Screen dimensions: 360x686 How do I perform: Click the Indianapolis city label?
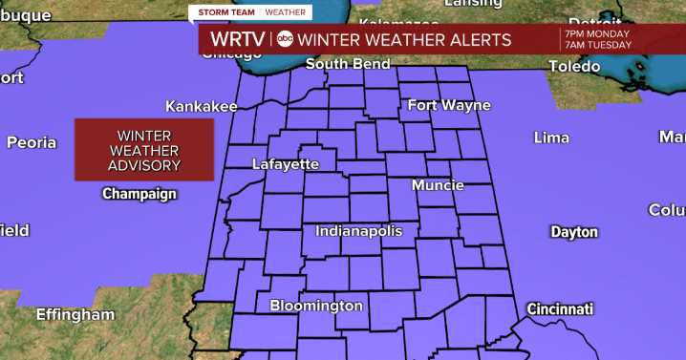coord(359,231)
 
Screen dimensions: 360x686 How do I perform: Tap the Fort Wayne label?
coord(449,105)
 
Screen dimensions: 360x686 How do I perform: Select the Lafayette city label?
coord(286,164)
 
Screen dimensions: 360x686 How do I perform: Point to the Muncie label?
coord(439,185)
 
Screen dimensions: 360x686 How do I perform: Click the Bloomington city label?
coord(316,306)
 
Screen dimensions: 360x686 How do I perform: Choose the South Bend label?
coord(348,64)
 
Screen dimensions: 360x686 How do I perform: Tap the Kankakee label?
coord(201,106)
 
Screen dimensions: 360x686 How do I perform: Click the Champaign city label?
coord(139,194)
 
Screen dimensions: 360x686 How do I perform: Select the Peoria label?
coord(32,142)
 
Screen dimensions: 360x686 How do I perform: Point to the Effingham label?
coord(75,314)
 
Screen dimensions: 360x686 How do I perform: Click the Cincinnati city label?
coord(560,308)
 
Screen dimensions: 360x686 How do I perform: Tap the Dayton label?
coord(574,232)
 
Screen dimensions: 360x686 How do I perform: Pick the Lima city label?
coord(551,138)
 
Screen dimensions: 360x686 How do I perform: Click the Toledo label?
coord(574,66)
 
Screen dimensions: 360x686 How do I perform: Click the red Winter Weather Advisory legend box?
coord(144,150)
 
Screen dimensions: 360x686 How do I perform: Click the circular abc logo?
coord(286,39)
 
